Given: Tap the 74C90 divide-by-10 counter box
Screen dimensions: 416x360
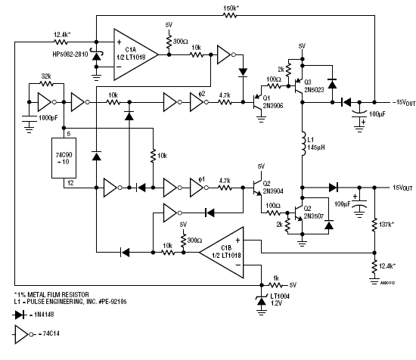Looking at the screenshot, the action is point(64,158).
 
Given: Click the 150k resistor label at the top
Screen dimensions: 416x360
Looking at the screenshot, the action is point(231,8).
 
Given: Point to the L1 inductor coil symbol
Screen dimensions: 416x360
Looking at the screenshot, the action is point(303,143).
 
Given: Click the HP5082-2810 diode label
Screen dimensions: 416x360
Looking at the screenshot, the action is point(70,54).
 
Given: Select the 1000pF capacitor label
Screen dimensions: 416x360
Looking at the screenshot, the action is point(48,118).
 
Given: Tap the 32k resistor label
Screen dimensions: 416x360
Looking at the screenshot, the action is point(46,76).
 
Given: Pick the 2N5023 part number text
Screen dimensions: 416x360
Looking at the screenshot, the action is point(314,90).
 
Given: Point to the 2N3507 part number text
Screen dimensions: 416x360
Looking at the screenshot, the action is point(314,216).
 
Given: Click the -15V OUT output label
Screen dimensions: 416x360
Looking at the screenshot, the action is point(404,102).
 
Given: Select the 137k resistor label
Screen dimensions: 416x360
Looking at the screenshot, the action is point(387,225).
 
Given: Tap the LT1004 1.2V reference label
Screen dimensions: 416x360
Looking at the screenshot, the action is point(280,299).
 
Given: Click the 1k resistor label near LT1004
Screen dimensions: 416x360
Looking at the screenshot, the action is point(276,278).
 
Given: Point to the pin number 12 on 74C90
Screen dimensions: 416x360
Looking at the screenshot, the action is point(70,183).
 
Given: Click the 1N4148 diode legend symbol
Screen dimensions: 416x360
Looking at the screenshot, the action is point(20,315).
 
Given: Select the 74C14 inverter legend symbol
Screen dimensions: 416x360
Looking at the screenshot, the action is point(23,334).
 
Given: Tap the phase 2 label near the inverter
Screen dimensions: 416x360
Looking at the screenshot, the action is point(202,94).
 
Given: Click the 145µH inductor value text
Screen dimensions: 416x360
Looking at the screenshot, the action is point(316,147).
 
